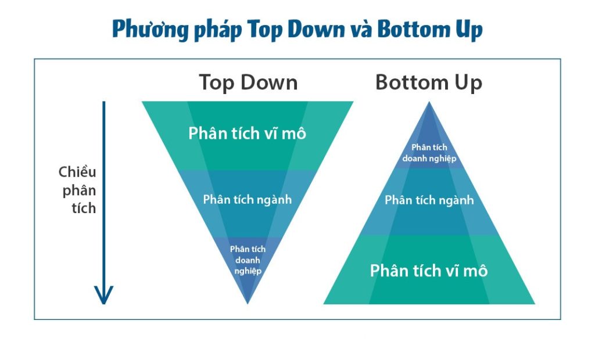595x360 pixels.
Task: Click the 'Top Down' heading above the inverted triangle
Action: (x=248, y=82)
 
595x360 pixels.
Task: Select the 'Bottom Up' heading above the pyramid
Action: (x=429, y=82)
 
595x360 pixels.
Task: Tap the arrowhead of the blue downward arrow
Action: (x=103, y=295)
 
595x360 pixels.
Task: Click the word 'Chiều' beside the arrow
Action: (x=77, y=172)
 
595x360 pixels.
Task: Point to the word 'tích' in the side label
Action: (x=84, y=208)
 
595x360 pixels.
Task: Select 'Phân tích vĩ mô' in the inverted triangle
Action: (x=247, y=134)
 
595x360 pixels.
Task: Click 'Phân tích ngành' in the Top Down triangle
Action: (x=248, y=200)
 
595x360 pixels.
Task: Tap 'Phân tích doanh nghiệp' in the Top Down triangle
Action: (x=248, y=260)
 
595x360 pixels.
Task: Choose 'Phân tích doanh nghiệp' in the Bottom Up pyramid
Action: (x=429, y=153)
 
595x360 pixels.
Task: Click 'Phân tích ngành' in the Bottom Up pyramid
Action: (x=429, y=200)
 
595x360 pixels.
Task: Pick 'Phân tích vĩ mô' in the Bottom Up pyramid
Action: (x=429, y=271)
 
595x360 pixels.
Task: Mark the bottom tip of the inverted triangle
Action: (x=248, y=304)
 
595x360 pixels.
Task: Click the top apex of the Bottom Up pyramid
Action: (x=429, y=102)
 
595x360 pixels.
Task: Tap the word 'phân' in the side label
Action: (x=79, y=190)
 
